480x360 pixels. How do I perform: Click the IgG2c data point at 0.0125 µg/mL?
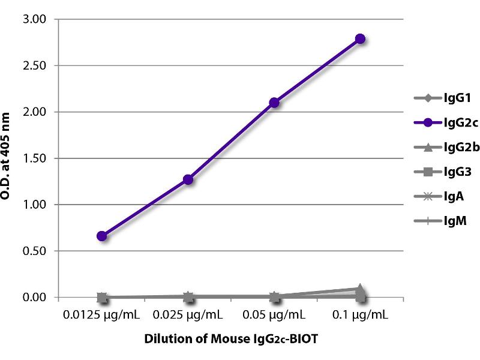[102, 236]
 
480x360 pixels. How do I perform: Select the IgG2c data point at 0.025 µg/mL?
[188, 179]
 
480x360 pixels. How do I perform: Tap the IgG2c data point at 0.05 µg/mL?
[274, 103]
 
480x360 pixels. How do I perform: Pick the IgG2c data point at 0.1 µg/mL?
[360, 39]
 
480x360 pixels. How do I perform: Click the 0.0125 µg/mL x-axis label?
[102, 314]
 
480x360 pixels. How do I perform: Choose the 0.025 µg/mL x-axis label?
[188, 314]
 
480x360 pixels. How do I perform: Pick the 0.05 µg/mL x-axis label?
[274, 314]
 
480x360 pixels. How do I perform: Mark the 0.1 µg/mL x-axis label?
[360, 314]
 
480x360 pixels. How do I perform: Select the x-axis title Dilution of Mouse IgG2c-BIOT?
[231, 339]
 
